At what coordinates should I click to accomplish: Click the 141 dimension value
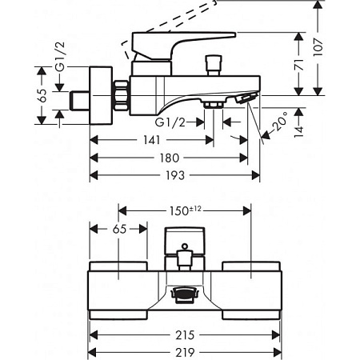[x=152, y=140]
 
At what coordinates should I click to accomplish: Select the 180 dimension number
[x=170, y=158]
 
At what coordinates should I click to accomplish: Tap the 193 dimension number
[x=175, y=175]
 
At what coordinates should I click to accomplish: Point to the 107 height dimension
[x=318, y=47]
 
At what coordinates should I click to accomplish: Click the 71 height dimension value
[x=299, y=65]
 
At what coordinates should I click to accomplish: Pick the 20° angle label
[x=280, y=122]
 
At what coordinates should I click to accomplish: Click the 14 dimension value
[x=299, y=130]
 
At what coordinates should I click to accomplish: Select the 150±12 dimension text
[x=186, y=210]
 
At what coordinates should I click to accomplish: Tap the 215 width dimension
[x=185, y=335]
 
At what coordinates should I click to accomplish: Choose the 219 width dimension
[x=185, y=353]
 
